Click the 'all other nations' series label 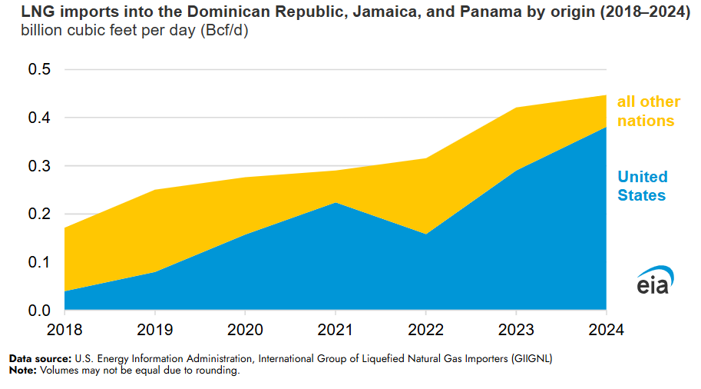[648, 111]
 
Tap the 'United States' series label [643, 186]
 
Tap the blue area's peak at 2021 [336, 203]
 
